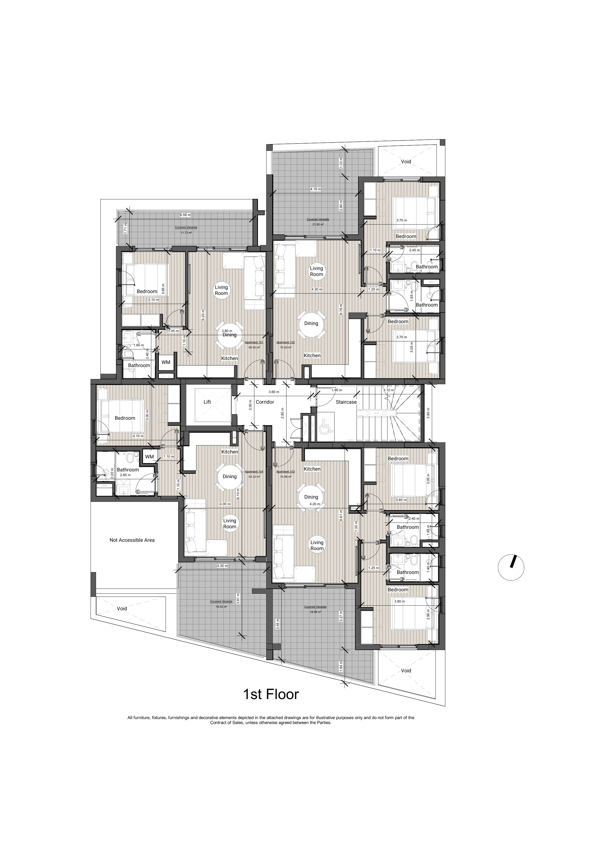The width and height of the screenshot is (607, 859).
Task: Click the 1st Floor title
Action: click(x=271, y=694)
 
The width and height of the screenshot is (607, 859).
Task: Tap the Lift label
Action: click(x=207, y=402)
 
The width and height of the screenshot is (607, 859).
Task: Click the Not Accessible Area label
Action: click(x=132, y=540)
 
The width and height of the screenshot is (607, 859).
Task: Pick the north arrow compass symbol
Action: click(x=511, y=567)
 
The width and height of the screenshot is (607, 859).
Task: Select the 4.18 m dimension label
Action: click(x=315, y=189)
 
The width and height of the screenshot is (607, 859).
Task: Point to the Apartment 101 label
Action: click(x=254, y=342)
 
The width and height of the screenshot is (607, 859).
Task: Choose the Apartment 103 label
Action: click(x=285, y=471)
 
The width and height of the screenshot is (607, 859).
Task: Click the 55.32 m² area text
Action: click(x=254, y=477)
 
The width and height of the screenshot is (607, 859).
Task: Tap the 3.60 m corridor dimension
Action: click(x=274, y=392)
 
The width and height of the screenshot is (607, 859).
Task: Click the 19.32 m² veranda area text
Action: click(x=221, y=607)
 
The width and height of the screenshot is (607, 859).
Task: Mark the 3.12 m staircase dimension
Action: click(x=388, y=390)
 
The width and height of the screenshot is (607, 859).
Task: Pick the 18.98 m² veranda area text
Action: click(x=315, y=612)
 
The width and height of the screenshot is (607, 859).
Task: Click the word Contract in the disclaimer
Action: click(x=218, y=723)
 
